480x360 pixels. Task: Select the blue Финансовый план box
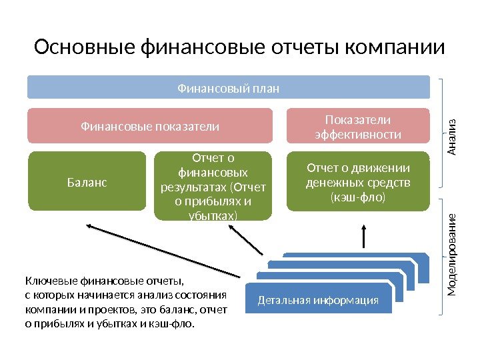(x=228, y=87)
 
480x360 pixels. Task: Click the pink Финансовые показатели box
(x=150, y=126)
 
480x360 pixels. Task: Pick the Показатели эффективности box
(x=357, y=127)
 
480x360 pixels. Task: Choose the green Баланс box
(x=87, y=181)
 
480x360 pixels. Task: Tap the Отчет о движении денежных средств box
(x=357, y=181)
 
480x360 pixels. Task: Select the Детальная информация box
(x=317, y=301)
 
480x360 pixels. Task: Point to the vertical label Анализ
(x=451, y=137)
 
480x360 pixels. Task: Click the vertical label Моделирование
(x=451, y=255)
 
